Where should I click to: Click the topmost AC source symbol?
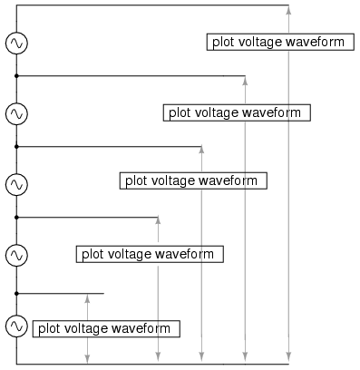tap(16, 43)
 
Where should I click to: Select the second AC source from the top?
tap(16, 113)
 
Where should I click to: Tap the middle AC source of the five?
tap(16, 184)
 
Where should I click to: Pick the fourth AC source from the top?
tap(16, 255)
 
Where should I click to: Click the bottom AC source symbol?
tap(16, 326)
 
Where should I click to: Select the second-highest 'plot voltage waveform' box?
tap(236, 112)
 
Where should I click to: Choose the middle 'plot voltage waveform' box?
tap(192, 180)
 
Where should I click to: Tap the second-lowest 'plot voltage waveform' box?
tap(149, 254)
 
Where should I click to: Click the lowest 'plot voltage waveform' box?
tap(104, 328)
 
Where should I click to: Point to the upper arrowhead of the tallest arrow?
tap(288, 10)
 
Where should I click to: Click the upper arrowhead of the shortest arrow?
tap(87, 297)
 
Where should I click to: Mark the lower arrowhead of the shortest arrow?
tap(87, 359)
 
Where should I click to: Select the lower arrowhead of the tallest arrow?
tap(288, 359)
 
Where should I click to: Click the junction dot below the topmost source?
tap(16, 76)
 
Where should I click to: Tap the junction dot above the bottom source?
tap(16, 293)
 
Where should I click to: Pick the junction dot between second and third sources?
tap(16, 146)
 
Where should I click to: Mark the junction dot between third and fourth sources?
tap(16, 218)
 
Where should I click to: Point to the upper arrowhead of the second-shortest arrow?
tap(158, 221)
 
